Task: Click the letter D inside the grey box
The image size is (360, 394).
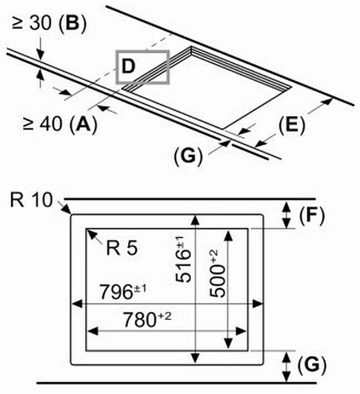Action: (x=128, y=67)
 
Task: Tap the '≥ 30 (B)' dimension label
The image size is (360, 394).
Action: (x=49, y=24)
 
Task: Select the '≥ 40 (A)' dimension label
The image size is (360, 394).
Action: (x=60, y=124)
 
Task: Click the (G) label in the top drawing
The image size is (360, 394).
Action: (x=188, y=156)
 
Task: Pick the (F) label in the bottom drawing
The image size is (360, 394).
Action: (x=312, y=216)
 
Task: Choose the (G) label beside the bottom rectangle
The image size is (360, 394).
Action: (x=312, y=364)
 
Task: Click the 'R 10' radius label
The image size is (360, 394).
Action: (x=31, y=200)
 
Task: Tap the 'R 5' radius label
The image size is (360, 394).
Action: (x=122, y=248)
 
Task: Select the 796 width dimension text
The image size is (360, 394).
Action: (x=123, y=292)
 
